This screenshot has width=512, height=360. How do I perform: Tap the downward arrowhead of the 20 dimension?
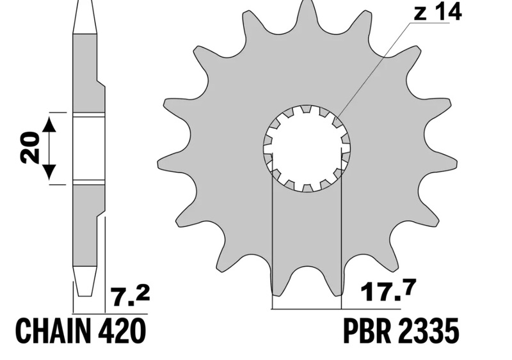[x=50, y=171]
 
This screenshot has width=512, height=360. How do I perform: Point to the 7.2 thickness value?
[x=131, y=296]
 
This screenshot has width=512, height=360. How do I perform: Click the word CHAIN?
[x=54, y=331]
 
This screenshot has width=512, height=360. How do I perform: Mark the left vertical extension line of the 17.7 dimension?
[x=272, y=243]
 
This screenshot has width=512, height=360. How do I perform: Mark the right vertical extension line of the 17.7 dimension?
[x=342, y=243]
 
